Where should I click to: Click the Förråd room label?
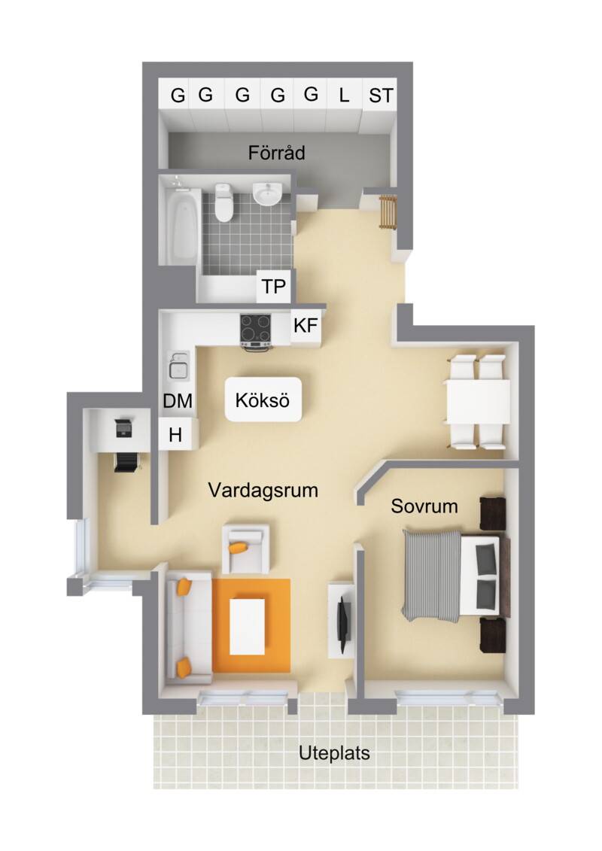pos(276,153)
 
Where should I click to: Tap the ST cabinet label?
pos(380,96)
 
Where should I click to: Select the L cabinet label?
pos(344,96)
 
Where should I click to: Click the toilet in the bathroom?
pos(223,202)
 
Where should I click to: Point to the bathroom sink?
pos(267,194)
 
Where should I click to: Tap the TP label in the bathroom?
pos(273,286)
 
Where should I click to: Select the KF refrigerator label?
pos(305,326)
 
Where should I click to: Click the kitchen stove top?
pos(255,330)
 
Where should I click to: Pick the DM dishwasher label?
pos(178,401)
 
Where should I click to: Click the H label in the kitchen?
pos(175,435)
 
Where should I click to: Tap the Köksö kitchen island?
pos(263,400)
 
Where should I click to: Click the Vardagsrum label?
pos(263,490)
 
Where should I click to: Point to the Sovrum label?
pos(424,506)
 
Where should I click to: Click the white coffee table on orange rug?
pos(247,626)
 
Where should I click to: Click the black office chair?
pos(126,462)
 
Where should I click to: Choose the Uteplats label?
pos(334,753)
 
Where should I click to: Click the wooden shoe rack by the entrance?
pos(388,212)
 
